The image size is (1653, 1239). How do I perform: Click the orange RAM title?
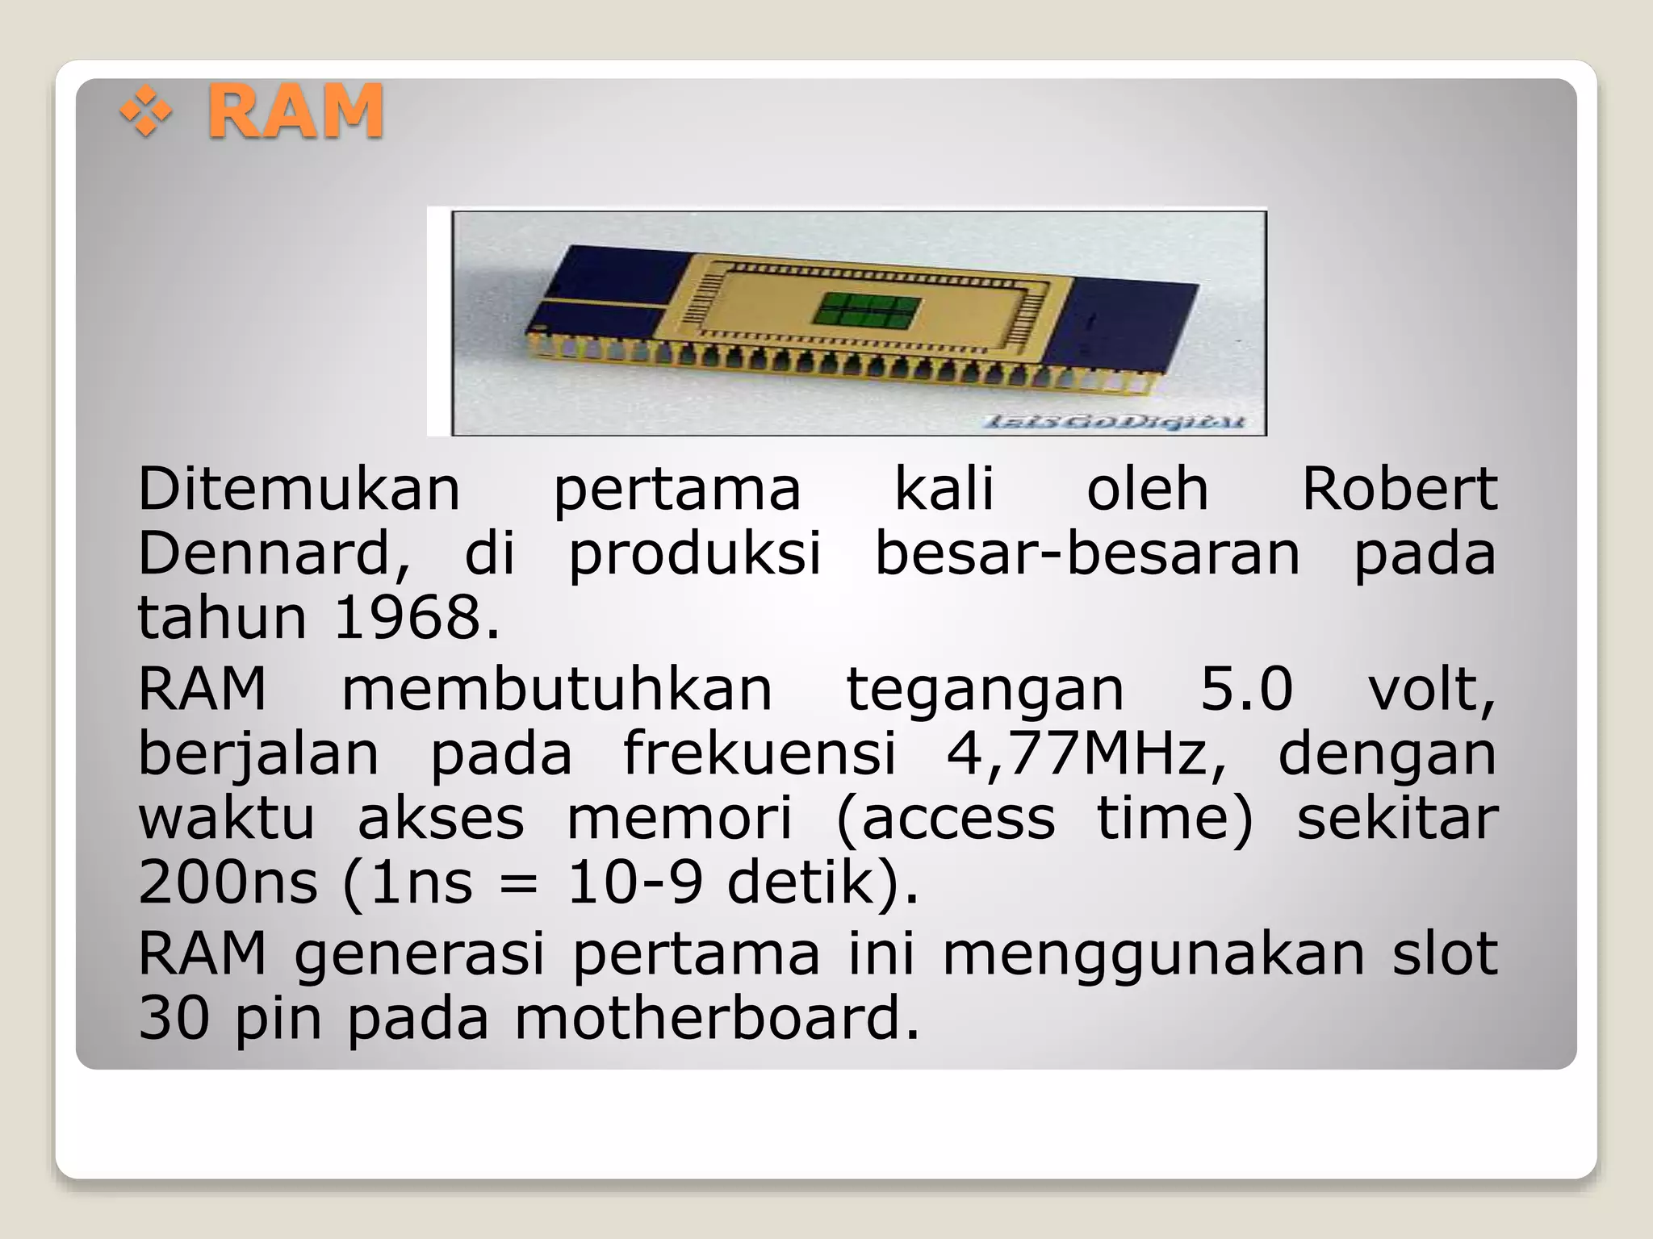point(295,111)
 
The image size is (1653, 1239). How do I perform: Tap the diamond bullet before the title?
point(146,112)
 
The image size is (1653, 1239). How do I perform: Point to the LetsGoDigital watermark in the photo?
point(1114,421)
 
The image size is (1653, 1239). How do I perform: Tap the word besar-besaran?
point(1087,553)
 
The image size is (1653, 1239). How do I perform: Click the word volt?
point(1431,691)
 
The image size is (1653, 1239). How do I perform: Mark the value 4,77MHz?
point(1086,754)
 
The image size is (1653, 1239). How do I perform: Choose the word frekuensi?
point(760,754)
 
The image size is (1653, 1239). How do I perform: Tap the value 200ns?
point(228,882)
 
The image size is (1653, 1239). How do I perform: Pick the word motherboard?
point(716,1018)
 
